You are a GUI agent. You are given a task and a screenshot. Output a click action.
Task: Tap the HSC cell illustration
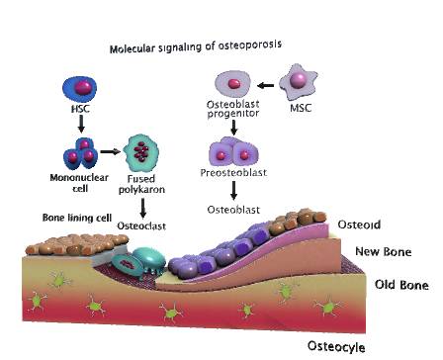pos(79,86)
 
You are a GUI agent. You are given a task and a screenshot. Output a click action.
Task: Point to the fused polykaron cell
pos(144,154)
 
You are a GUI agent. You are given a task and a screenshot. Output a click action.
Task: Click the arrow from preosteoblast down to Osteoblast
pos(234,190)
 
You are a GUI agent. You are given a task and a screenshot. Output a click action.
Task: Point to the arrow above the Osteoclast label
pos(145,206)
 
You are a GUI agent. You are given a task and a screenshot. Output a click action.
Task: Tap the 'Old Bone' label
pos(400,286)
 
